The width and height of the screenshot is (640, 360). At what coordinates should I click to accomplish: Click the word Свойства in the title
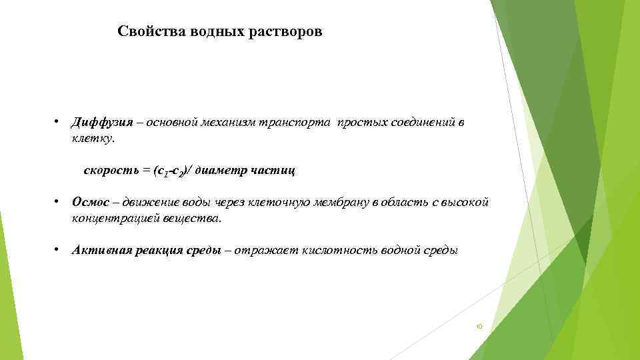coord(142,32)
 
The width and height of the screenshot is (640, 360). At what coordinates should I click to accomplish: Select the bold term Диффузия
coord(98,123)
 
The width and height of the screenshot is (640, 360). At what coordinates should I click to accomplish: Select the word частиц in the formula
coord(273,171)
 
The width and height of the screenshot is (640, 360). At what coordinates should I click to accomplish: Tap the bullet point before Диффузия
coord(58,122)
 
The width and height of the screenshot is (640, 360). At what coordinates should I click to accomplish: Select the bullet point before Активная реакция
coord(58,249)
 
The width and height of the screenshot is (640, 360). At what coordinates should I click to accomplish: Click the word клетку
coord(93,139)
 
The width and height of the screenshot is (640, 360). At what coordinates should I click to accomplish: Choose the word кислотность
coord(333,249)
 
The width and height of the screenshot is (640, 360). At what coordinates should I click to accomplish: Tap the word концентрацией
coord(108,218)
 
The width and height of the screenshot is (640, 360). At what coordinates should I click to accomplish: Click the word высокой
coord(469,202)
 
